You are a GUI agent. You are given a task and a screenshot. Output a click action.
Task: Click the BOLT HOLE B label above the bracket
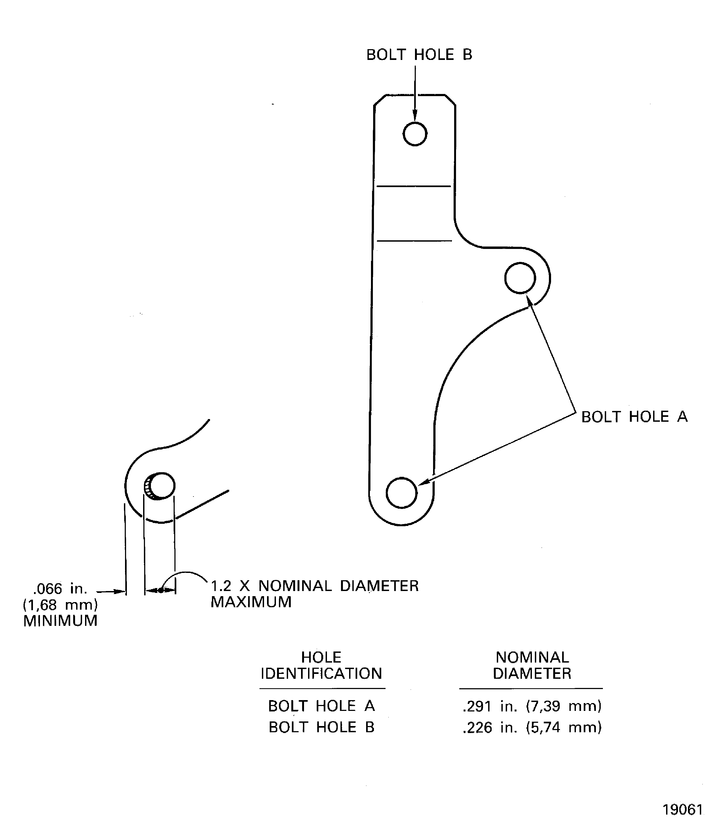coord(419,55)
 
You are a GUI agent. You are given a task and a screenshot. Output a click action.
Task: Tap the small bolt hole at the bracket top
coord(415,134)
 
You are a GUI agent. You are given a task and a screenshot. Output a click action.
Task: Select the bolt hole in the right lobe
coord(520,278)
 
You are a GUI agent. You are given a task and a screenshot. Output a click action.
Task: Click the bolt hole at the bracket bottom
coord(402,492)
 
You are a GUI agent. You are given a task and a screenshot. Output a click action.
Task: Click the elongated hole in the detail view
coord(160,486)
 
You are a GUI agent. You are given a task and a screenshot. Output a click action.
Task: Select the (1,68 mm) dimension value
coord(60,605)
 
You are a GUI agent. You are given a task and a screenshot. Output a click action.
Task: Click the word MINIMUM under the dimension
coord(60,621)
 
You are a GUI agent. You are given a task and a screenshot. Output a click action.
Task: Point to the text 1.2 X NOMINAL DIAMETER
coord(315,586)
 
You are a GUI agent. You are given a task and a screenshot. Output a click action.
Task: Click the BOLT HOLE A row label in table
coord(321,706)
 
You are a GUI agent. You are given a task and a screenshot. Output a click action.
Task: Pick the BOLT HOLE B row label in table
coord(321,727)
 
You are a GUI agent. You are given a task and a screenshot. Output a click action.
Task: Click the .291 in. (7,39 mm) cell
coord(532,706)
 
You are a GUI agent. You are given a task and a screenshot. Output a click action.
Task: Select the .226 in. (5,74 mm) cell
coord(532,727)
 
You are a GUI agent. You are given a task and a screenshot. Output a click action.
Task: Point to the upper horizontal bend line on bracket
coord(414,186)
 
